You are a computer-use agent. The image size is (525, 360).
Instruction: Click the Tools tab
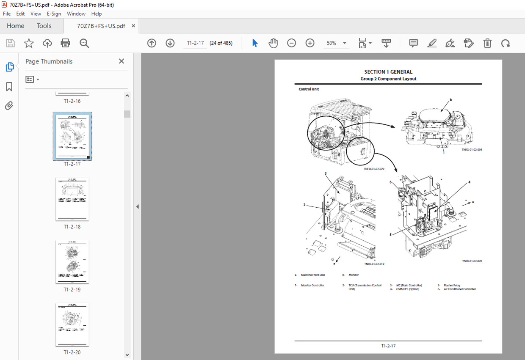pyautogui.click(x=44, y=26)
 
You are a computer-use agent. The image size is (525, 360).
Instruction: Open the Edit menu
pyautogui.click(x=20, y=14)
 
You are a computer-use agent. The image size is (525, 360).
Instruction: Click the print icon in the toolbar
pyautogui.click(x=65, y=43)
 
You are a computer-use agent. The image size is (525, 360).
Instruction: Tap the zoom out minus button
pyautogui.click(x=291, y=43)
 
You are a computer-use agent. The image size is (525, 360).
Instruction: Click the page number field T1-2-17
pyautogui.click(x=195, y=43)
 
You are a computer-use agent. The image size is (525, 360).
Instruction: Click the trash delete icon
pyautogui.click(x=488, y=43)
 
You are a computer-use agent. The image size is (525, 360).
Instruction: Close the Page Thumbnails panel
pyautogui.click(x=122, y=61)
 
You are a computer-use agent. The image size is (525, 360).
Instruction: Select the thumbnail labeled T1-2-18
pyautogui.click(x=72, y=199)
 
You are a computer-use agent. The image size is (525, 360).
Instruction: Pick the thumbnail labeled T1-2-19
pyautogui.click(x=72, y=262)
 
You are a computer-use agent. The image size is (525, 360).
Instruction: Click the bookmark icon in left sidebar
pyautogui.click(x=9, y=87)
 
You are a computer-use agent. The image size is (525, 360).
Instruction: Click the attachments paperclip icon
pyautogui.click(x=9, y=105)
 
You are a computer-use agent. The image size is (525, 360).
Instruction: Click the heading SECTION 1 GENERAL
pyautogui.click(x=388, y=72)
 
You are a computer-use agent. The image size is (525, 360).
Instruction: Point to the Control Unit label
pyautogui.click(x=309, y=89)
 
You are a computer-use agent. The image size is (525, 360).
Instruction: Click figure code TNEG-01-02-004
pyautogui.click(x=472, y=150)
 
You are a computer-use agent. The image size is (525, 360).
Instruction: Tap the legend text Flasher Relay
pyautogui.click(x=452, y=286)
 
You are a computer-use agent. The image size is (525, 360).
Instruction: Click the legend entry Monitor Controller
pyautogui.click(x=312, y=286)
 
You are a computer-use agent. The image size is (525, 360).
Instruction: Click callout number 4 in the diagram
pyautogui.click(x=469, y=182)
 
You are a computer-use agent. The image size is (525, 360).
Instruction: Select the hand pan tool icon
pyautogui.click(x=273, y=43)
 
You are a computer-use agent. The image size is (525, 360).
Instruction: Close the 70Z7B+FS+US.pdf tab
pyautogui.click(x=133, y=26)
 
